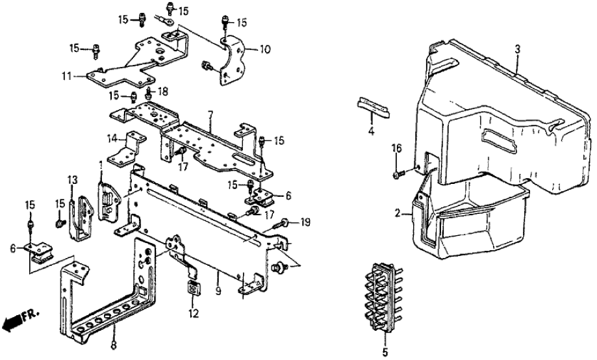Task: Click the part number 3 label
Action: pos(518,49)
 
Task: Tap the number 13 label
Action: pos(71,179)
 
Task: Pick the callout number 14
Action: pos(112,138)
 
